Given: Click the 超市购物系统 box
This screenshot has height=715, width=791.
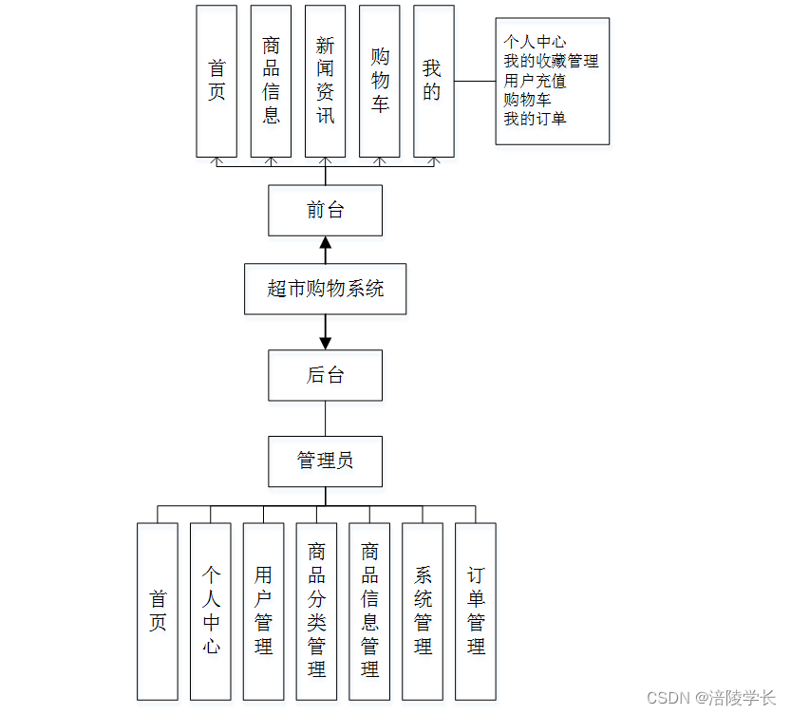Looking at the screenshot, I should [325, 289].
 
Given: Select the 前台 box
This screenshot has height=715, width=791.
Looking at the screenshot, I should [325, 211].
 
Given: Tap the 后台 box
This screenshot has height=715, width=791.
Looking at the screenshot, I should [325, 375].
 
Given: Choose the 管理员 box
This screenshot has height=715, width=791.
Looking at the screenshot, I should [325, 461].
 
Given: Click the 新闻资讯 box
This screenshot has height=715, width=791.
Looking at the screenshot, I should [325, 81].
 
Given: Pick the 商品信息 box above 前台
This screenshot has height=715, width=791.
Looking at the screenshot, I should [271, 81].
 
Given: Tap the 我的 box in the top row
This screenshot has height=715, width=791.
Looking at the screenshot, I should [433, 81].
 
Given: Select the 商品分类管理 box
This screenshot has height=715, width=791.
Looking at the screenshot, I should [316, 611].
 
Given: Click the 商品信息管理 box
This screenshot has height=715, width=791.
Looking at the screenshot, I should [369, 611].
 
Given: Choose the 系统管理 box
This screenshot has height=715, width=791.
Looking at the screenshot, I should [423, 611].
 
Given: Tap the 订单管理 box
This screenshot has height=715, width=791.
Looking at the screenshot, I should [476, 611].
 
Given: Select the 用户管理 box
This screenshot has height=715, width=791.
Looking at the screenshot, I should [263, 611].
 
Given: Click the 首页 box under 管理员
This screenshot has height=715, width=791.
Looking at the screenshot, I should [158, 611].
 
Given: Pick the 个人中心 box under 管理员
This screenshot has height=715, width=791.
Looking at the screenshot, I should [211, 611].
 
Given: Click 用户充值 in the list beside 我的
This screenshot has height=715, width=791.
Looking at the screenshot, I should [535, 81].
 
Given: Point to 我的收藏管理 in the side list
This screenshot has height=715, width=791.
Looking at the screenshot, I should [551, 61].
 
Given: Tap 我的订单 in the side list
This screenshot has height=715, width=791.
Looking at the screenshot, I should [535, 119].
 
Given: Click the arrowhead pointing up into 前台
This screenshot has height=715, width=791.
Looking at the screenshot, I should [325, 243].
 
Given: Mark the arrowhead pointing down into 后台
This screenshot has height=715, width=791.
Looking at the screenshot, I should [325, 343].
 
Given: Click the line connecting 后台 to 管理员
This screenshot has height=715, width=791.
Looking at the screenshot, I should [325, 418].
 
